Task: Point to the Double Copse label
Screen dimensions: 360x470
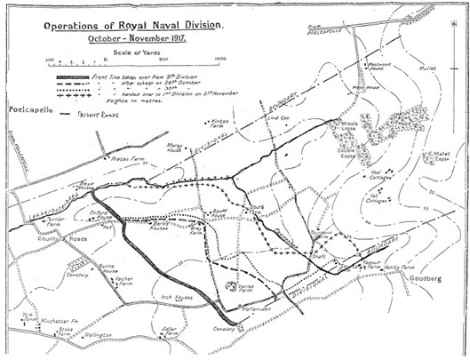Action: click(x=342, y=165)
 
